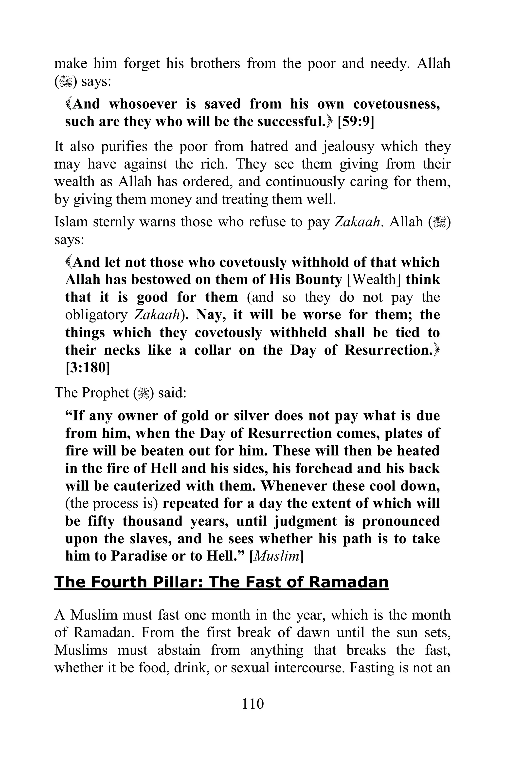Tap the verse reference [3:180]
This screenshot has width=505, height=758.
click(x=88, y=368)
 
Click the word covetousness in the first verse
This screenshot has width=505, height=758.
click(x=397, y=104)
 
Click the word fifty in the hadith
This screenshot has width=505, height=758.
click(x=101, y=521)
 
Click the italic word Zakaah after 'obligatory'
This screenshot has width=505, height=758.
click(x=156, y=315)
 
